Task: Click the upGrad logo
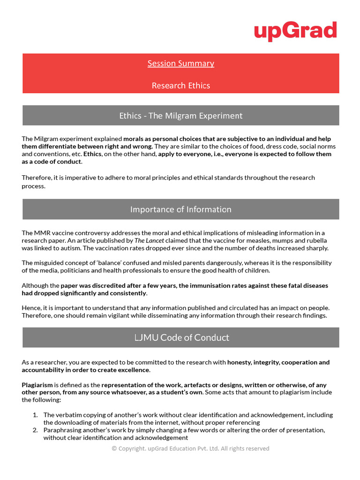click(295, 31)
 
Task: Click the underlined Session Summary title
click(180, 63)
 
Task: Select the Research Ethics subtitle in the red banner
click(180, 85)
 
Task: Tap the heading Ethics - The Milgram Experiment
click(180, 115)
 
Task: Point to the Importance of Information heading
click(180, 209)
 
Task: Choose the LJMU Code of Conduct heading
click(180, 337)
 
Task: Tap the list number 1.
click(35, 415)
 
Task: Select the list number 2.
click(35, 430)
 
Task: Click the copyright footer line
click(190, 449)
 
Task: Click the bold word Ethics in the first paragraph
click(92, 154)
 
